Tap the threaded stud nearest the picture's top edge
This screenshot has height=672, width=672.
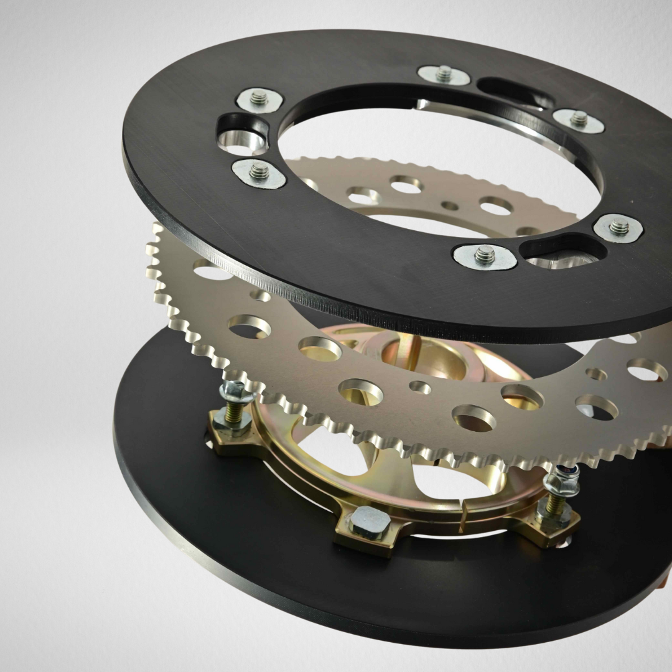tap(444, 73)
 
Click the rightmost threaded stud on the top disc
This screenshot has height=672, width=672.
tap(618, 227)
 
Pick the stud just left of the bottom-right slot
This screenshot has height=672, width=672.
tap(485, 254)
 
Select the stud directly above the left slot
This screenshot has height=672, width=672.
tap(259, 98)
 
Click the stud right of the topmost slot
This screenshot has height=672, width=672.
tap(579, 118)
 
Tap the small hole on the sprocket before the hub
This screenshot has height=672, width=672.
tap(420, 388)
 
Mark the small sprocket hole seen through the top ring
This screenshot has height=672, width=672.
tap(449, 206)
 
